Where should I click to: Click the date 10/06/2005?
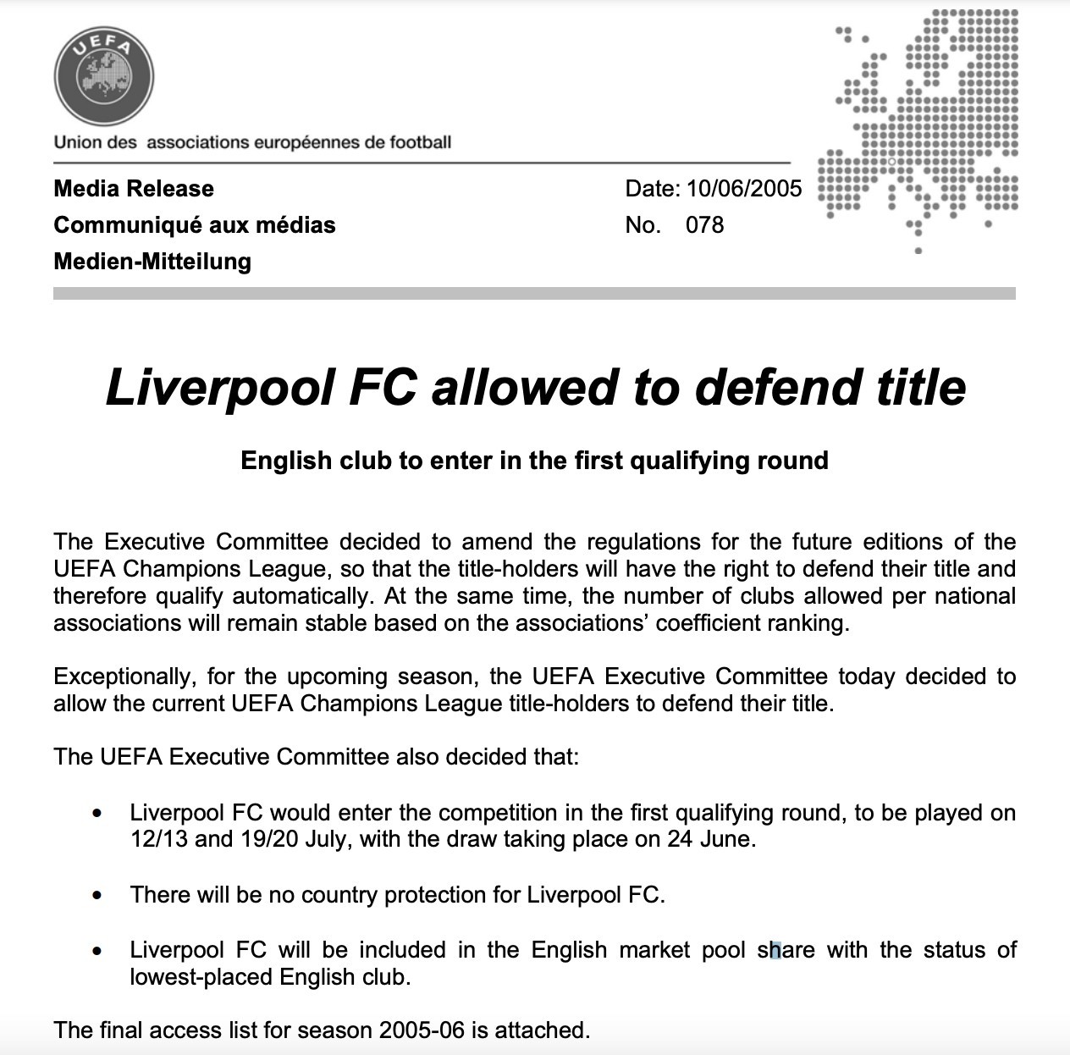point(744,189)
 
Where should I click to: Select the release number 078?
point(704,225)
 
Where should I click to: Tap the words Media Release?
point(134,189)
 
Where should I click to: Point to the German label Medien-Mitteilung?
point(152,262)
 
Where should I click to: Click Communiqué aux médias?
point(195,225)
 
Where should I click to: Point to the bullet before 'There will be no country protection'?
point(99,895)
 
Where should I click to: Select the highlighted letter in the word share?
point(775,951)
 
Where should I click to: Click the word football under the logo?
point(420,142)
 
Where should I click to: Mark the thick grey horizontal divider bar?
point(533,294)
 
